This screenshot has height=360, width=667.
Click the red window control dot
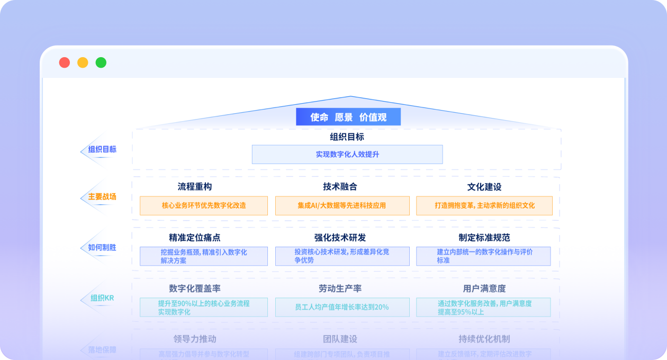(65, 62)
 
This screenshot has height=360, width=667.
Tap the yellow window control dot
(83, 62)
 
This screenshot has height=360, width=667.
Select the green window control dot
(101, 62)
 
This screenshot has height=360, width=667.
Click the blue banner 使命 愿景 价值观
(348, 117)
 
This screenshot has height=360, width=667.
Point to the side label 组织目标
(102, 149)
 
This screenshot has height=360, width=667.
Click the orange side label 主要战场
(102, 197)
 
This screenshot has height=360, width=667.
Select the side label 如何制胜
(102, 247)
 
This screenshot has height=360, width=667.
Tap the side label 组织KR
(102, 298)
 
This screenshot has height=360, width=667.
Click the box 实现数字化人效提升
(347, 155)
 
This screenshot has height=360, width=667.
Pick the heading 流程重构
(195, 187)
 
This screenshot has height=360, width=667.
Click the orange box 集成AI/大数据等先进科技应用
(342, 205)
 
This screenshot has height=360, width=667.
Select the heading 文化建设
(484, 187)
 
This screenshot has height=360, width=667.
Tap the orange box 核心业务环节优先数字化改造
(204, 205)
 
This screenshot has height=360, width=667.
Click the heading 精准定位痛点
(195, 238)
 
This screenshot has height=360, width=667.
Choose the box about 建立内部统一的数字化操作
(483, 256)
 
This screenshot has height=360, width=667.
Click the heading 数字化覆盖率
(195, 289)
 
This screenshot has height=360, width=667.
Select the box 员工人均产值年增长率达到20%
(342, 307)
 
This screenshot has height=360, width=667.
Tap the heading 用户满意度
(484, 289)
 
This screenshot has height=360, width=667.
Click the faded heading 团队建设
(340, 339)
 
